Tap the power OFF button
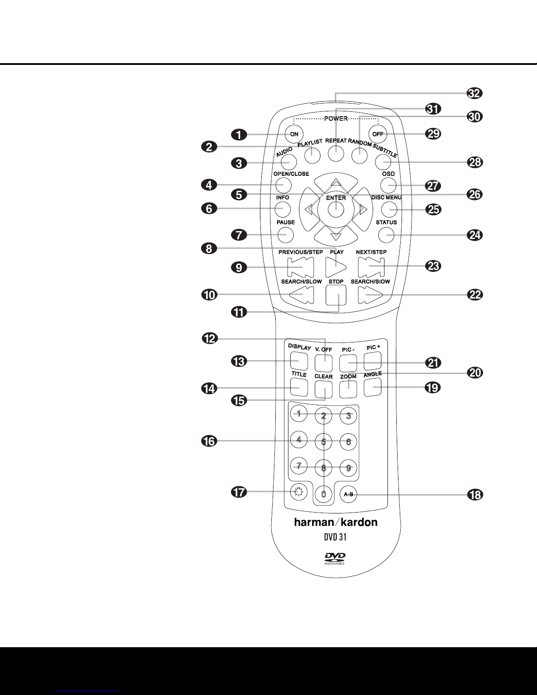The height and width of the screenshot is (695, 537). coord(377,134)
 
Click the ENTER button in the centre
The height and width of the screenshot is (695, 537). coord(336,210)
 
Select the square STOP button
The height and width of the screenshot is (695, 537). coord(336,295)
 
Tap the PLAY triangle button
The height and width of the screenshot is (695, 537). coord(336,267)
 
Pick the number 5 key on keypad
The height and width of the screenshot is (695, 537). coord(324,442)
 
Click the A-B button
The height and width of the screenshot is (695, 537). coord(349,494)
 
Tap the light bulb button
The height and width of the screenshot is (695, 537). coord(299,492)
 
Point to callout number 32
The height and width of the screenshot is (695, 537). coord(475,93)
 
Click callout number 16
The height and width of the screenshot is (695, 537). coord(210,442)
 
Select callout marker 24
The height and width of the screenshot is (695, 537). coord(475,235)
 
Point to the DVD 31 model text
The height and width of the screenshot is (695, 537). coord(335,537)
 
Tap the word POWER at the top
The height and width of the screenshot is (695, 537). coord(336,119)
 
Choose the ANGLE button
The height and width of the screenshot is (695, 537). coord(372,387)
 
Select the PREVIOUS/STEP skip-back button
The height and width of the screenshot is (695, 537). coord(301,267)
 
